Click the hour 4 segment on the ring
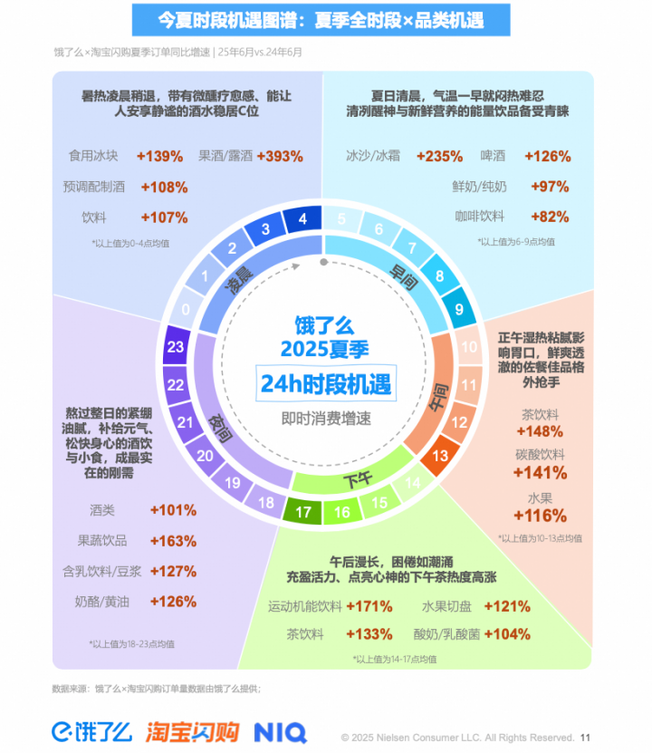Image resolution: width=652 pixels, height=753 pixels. (302, 219)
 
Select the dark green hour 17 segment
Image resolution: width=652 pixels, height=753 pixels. (304, 513)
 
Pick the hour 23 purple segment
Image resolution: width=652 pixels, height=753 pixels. (177, 347)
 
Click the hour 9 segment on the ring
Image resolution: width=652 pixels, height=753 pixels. (459, 309)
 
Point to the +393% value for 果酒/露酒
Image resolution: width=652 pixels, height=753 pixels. (280, 156)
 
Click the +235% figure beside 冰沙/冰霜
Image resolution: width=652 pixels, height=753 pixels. (439, 156)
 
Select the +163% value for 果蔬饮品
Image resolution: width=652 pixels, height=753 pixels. (173, 541)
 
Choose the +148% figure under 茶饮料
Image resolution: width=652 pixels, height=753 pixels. (542, 431)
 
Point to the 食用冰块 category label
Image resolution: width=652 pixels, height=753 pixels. (93, 156)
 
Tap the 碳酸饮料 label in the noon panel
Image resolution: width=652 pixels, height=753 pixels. (541, 454)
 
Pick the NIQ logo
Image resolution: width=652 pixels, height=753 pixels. (280, 731)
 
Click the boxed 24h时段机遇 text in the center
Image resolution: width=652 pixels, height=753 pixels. (325, 384)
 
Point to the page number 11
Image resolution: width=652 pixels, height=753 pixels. (585, 738)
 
